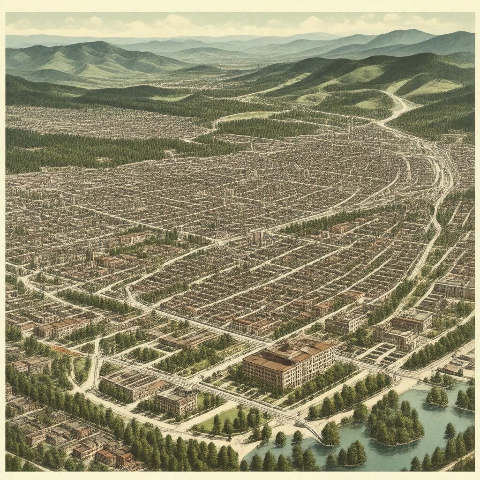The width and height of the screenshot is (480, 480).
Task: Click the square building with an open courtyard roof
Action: click(176, 401)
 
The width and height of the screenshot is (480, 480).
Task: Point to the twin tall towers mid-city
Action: click(257, 238)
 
